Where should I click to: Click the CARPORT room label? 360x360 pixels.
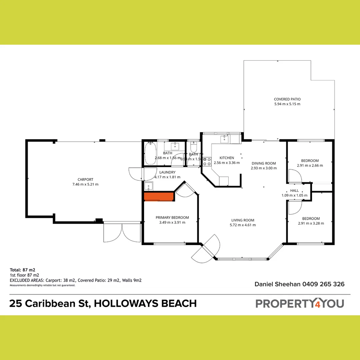(85, 179)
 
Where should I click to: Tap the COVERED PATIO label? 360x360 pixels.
(287, 99)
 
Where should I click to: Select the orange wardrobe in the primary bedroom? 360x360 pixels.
(159, 196)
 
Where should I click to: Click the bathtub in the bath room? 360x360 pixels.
(150, 154)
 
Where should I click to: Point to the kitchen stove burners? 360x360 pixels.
(207, 162)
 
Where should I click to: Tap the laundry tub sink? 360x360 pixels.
(148, 186)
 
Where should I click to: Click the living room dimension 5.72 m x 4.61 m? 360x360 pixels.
(243, 225)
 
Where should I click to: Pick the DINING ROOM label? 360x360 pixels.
(264, 163)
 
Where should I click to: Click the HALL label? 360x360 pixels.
(294, 191)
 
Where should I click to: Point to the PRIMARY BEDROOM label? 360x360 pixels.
(172, 218)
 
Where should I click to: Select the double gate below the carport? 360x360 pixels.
(122, 232)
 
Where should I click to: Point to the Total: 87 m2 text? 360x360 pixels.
(22, 270)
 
